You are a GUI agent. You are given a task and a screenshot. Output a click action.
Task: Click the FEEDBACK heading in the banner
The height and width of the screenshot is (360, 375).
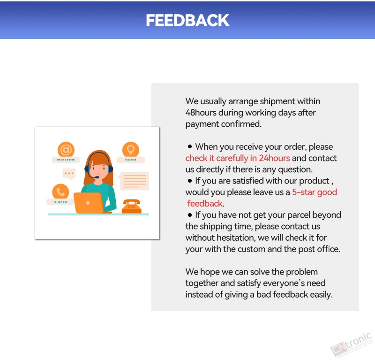(188, 20)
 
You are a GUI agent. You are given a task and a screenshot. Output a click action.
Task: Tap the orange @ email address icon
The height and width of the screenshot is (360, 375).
(66, 150)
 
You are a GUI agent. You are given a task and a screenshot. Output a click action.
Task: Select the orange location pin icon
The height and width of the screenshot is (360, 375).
(131, 150)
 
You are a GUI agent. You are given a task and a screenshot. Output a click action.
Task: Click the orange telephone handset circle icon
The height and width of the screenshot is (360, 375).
(60, 192)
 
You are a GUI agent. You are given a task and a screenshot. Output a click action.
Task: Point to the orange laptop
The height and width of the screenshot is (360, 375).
(89, 203)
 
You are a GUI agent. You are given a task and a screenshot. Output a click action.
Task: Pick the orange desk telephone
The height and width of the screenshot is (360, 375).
(132, 206)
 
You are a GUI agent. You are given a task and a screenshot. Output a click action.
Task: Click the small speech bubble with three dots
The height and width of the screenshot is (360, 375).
(69, 174)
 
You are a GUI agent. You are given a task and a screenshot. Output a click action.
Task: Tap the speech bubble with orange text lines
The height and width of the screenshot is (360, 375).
(134, 181)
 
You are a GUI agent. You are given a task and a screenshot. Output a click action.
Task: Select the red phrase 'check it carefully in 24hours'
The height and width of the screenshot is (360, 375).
(238, 158)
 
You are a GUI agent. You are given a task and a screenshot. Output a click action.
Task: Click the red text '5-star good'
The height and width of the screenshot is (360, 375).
(315, 192)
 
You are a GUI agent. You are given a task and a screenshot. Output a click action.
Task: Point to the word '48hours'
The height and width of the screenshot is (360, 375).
(201, 113)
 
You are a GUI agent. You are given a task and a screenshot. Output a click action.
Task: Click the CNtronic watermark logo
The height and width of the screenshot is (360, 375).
(352, 345)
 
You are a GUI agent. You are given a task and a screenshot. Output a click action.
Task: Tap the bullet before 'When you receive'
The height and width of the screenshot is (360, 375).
(190, 146)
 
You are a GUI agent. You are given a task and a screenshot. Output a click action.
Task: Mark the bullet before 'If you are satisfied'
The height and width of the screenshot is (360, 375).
(190, 181)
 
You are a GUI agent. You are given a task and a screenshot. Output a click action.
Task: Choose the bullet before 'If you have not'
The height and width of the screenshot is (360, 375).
(190, 215)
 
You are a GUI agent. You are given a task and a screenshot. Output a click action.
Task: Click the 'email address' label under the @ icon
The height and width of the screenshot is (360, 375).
(66, 160)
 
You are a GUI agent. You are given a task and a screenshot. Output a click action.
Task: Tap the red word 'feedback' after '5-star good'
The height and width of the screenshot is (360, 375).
(205, 203)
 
